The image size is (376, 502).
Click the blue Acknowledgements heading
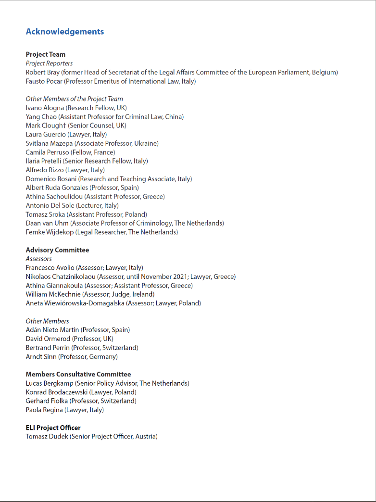click(x=64, y=32)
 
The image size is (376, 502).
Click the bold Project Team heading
click(x=46, y=54)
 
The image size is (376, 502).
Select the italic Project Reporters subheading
click(x=50, y=63)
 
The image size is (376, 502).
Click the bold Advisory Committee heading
click(x=57, y=250)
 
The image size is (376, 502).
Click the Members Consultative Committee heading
click(x=78, y=374)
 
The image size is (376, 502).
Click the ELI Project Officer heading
click(x=53, y=427)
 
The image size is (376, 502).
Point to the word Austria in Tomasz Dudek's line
click(x=145, y=437)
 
